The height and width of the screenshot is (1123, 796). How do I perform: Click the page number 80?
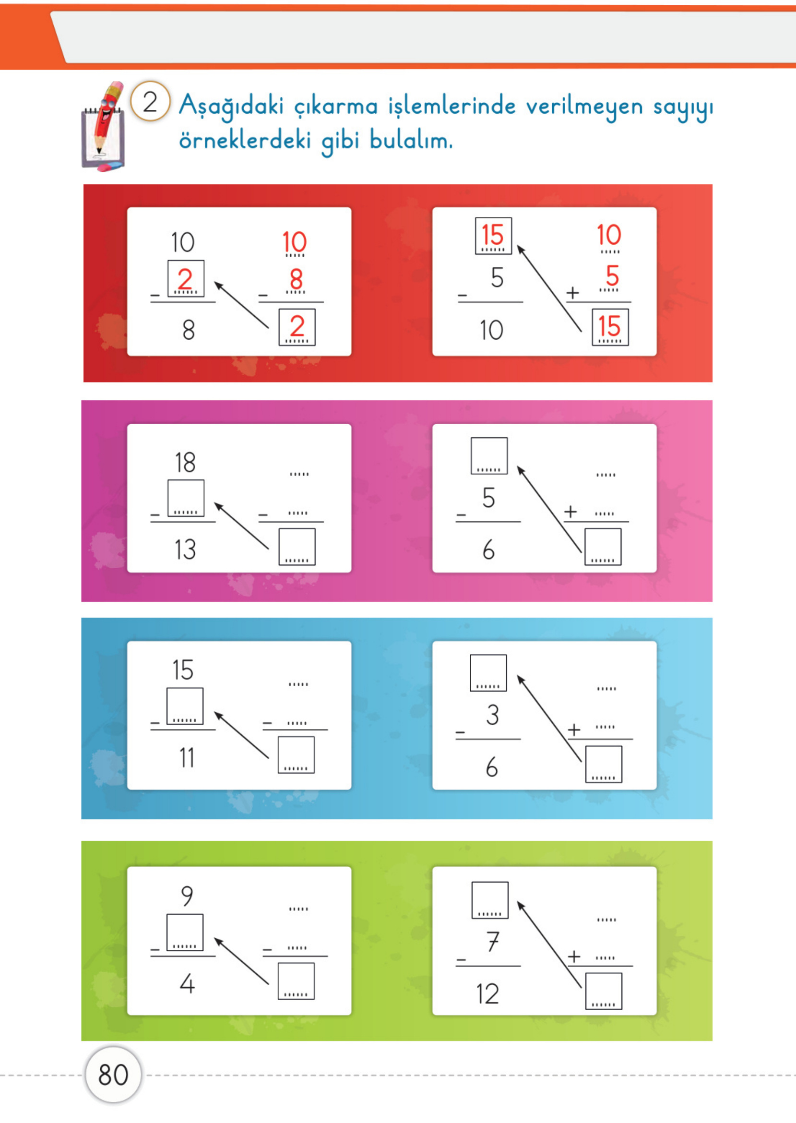(x=113, y=1075)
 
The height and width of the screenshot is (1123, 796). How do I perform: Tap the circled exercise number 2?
(x=150, y=101)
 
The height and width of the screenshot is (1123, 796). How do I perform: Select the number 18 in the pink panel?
(x=185, y=462)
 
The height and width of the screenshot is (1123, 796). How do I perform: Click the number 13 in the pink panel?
(x=185, y=549)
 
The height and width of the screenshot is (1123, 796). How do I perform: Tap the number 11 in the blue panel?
(x=187, y=757)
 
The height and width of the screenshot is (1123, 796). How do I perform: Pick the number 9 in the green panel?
(x=187, y=896)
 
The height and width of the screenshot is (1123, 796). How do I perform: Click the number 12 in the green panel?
(x=487, y=994)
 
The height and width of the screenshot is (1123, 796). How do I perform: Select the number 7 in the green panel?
(x=493, y=942)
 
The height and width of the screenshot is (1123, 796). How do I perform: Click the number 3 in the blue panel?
(x=493, y=715)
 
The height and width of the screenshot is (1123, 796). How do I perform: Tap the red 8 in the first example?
(x=296, y=279)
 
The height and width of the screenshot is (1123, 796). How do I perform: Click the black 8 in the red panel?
(x=189, y=329)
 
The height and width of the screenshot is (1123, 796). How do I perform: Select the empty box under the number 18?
(x=186, y=498)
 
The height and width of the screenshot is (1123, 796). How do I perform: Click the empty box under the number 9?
(x=185, y=932)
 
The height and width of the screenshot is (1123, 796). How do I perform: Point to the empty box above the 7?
(x=490, y=900)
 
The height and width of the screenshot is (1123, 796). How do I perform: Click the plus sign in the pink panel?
(x=570, y=512)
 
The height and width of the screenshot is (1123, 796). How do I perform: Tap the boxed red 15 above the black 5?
(x=493, y=236)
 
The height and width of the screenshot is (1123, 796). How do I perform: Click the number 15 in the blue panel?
(x=183, y=669)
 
